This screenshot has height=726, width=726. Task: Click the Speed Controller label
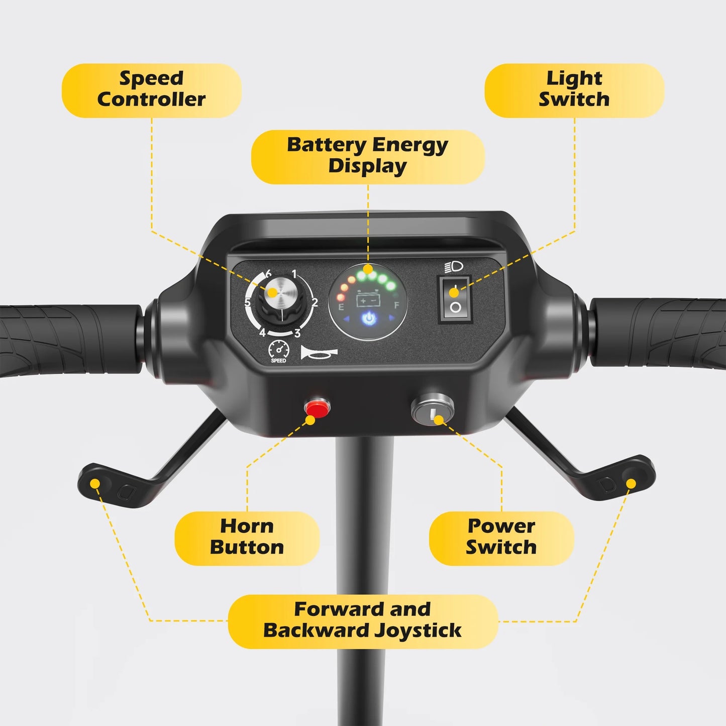click(151, 89)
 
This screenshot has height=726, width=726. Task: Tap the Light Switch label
click(574, 89)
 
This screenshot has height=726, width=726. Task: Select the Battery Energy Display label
click(367, 156)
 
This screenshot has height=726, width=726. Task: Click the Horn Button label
click(247, 537)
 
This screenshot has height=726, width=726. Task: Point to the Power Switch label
click(501, 537)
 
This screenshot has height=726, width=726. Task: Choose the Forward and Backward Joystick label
click(362, 620)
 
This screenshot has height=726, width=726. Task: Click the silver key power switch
click(433, 410)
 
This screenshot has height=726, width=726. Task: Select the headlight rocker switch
click(455, 299)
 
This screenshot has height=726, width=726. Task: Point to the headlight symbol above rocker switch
click(454, 267)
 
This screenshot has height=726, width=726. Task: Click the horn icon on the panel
click(319, 353)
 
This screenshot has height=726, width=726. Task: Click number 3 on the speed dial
click(297, 333)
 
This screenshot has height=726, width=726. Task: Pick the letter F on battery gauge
click(396, 305)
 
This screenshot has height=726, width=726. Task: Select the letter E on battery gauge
click(341, 306)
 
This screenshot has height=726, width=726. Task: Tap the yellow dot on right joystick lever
click(631, 483)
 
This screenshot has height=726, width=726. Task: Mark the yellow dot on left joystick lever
click(94, 483)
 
